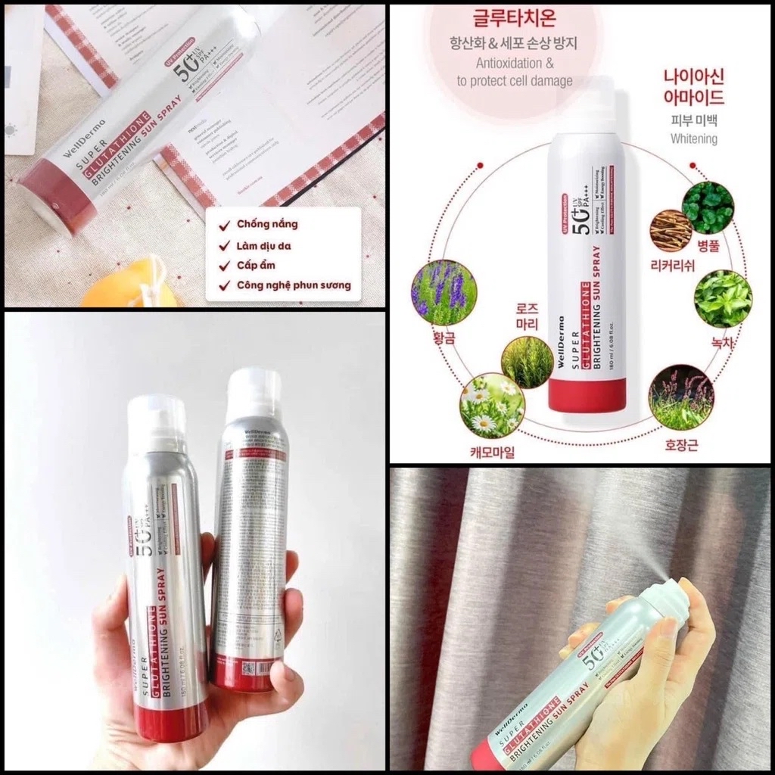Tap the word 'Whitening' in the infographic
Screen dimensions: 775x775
pos(693,139)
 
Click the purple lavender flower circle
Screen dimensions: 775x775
pos(443,291)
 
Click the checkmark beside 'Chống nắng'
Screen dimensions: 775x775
pos(225,225)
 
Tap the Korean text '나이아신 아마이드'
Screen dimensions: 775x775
pos(693,87)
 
